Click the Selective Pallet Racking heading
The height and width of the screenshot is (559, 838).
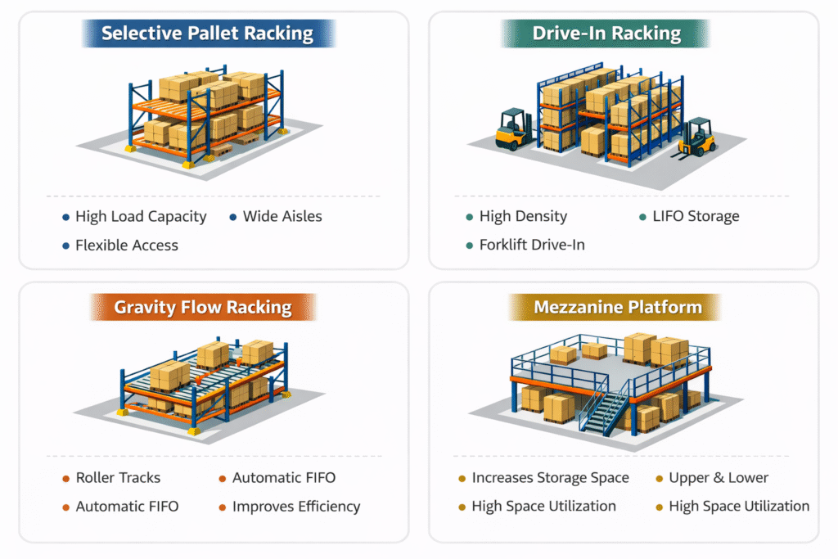click(207, 34)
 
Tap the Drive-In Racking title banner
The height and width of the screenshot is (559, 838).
click(606, 34)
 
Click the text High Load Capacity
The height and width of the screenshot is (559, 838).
click(141, 217)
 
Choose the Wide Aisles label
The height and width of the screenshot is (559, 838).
click(282, 217)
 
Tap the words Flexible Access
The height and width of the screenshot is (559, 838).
click(127, 245)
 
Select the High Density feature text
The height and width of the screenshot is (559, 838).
click(523, 217)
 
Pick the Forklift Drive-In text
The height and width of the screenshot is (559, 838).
click(532, 245)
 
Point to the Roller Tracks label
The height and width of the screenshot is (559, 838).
click(118, 478)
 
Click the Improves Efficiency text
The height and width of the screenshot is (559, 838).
click(296, 507)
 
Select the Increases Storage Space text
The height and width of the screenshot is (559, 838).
click(550, 478)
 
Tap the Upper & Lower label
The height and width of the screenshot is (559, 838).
click(719, 478)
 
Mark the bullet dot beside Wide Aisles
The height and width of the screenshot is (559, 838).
click(232, 218)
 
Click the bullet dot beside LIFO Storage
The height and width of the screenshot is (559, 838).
click(642, 218)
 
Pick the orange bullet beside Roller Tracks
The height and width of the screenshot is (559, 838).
click(65, 479)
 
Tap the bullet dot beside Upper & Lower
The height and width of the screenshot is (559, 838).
click(660, 479)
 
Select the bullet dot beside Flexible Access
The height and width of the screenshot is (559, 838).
click(65, 246)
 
